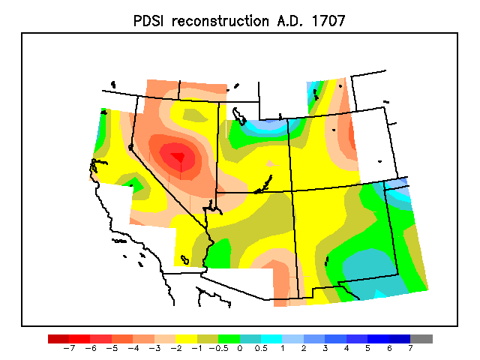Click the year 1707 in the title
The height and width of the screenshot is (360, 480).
[x=328, y=21]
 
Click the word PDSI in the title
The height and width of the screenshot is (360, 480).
[x=148, y=21]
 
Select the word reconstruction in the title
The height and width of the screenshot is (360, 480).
[x=220, y=21]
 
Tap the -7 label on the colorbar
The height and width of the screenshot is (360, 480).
[x=69, y=348]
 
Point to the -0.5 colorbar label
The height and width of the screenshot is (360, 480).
[x=218, y=348]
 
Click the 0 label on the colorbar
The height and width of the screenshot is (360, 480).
[x=240, y=348]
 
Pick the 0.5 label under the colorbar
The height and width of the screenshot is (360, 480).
[x=261, y=348]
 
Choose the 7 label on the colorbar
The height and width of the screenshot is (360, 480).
[x=410, y=348]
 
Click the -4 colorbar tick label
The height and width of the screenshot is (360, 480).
[x=133, y=348]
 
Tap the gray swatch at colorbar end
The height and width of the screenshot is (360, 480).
[x=421, y=339]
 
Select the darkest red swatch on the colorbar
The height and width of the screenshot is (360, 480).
[x=58, y=339]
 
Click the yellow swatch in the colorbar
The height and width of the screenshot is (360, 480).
[x=187, y=339]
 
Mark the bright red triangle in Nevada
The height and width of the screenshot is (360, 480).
[x=178, y=157]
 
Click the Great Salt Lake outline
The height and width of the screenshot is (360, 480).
[x=238, y=116]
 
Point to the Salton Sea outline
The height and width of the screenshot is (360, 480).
[x=184, y=260]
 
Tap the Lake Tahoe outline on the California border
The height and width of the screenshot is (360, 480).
[x=130, y=148]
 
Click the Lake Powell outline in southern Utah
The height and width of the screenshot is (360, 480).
[x=263, y=184]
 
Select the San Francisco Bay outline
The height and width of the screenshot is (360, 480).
[x=97, y=165]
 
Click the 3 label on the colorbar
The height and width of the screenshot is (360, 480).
[x=325, y=348]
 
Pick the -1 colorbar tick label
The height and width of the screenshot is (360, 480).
[x=197, y=348]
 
